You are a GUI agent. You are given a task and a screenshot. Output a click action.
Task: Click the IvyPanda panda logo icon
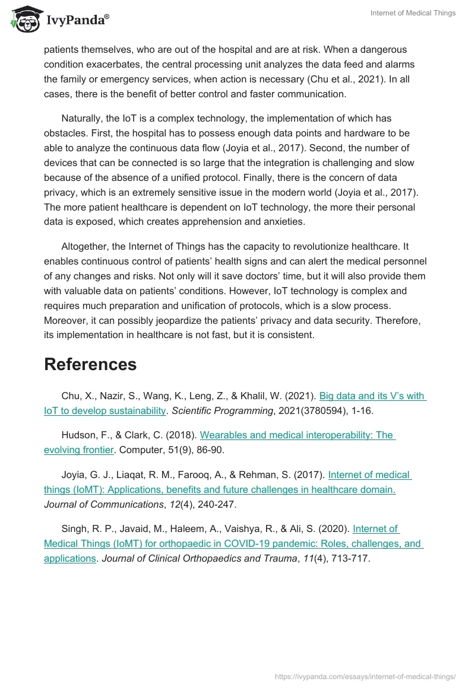coord(23,21)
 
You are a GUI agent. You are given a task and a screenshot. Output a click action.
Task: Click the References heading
coord(90,364)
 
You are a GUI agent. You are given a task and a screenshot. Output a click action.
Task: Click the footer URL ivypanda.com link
coord(365,676)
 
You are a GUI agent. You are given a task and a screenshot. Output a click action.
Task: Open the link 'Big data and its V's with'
coord(373,396)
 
